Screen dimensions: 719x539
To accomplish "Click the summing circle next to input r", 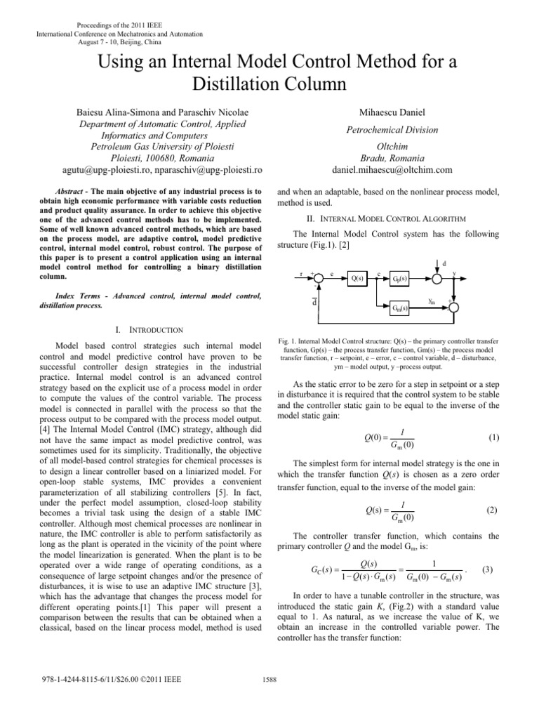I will (319, 278).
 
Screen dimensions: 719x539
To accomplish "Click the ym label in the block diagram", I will (433, 301).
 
